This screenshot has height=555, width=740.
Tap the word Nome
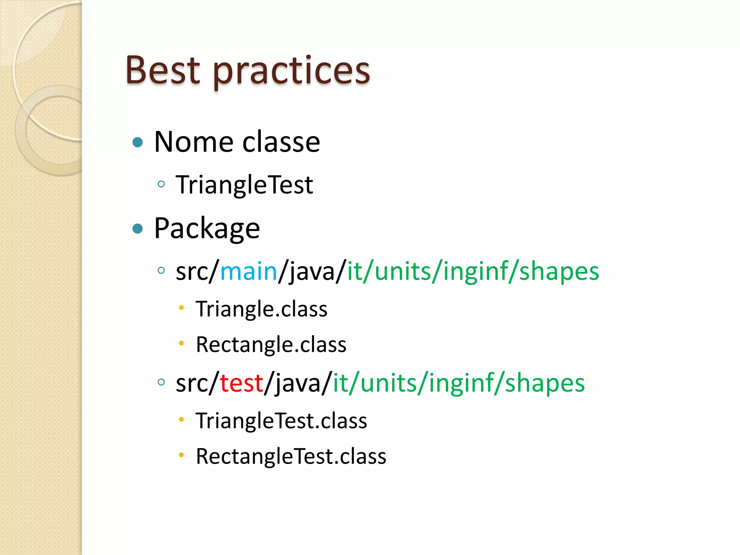[194, 142]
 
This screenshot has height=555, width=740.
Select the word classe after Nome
[281, 142]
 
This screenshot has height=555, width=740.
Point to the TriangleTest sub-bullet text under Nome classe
[244, 185]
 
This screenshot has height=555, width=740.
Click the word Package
[207, 228]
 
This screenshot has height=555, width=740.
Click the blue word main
[249, 271]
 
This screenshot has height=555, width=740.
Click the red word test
[241, 383]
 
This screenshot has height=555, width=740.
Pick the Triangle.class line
[261, 309]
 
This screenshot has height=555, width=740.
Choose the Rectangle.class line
[271, 344]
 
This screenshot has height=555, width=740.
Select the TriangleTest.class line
[281, 421]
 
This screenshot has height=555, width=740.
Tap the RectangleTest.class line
[291, 456]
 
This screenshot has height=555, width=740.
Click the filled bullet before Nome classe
[138, 142]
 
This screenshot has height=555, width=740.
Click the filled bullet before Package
[138, 229]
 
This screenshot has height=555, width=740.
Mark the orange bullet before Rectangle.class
[181, 343]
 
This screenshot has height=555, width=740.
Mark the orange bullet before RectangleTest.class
[181, 455]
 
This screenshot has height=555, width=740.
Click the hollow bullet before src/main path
[162, 270]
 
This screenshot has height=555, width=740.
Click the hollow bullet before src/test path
[162, 382]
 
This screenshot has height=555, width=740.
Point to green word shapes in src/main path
[559, 272]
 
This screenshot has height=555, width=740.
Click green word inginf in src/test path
[459, 383]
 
